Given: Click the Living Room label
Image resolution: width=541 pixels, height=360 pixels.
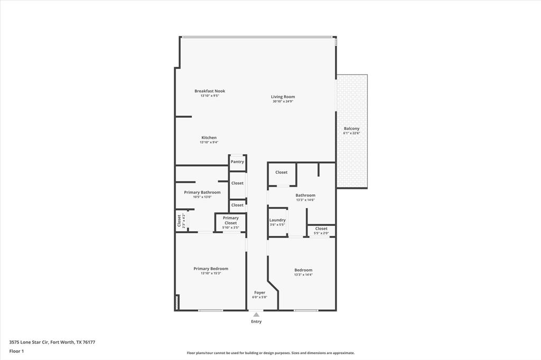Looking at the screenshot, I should [283, 97].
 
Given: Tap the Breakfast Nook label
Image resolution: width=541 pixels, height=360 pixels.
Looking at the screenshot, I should [209, 91].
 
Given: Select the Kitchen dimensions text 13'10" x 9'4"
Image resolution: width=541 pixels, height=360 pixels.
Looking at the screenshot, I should [209, 142].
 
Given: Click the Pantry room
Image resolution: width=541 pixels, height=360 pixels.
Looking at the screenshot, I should [237, 162].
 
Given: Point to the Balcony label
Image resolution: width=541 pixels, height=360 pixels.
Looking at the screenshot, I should [351, 128].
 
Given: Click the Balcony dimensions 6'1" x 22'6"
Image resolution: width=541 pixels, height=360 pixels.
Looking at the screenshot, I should [351, 133].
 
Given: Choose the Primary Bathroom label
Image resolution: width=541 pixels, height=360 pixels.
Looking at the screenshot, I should [202, 192].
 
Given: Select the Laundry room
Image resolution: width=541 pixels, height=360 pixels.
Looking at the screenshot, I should [277, 222].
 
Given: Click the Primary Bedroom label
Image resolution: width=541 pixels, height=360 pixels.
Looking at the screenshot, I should [210, 268].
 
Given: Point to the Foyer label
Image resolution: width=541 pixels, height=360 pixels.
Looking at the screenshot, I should [259, 292].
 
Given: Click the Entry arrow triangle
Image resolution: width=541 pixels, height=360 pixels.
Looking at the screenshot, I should [256, 315].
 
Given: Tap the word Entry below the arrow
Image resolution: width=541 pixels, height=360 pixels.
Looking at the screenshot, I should [256, 321].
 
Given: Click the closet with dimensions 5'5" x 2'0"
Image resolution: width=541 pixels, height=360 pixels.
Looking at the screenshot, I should [321, 231].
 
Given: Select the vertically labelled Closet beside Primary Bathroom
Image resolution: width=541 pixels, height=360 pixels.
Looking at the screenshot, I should [179, 220].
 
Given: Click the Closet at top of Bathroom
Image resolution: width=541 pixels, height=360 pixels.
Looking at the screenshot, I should [281, 172].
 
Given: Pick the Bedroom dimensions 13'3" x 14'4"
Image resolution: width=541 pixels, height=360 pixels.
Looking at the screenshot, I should [303, 274].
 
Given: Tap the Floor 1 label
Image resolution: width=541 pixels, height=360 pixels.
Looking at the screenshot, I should [16, 350].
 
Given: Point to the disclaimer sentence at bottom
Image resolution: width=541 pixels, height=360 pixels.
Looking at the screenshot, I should [270, 353].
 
